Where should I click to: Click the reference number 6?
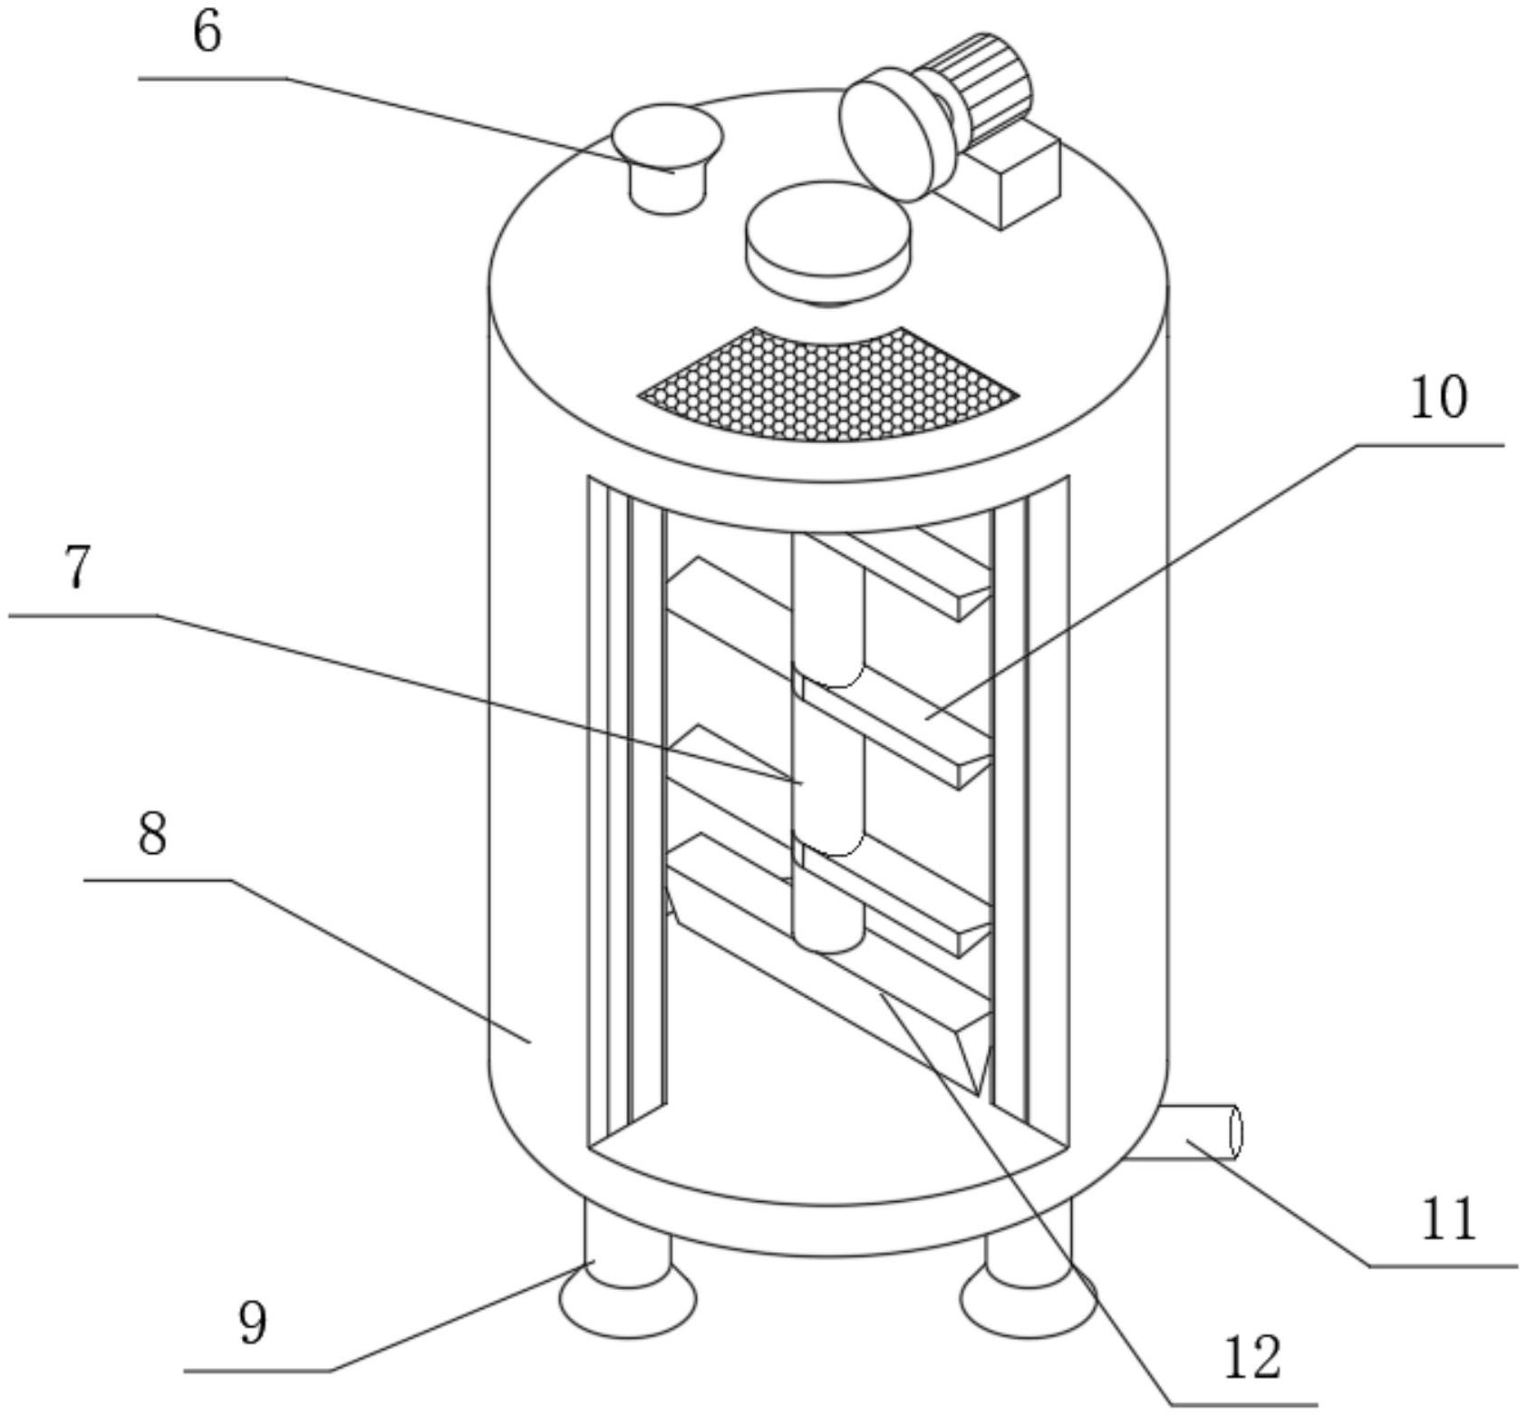tap(208, 34)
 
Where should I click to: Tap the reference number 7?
tap(78, 568)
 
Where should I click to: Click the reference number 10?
tap(1438, 398)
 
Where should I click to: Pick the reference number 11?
tap(1448, 1219)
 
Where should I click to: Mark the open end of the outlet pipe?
tap(1234, 1131)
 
